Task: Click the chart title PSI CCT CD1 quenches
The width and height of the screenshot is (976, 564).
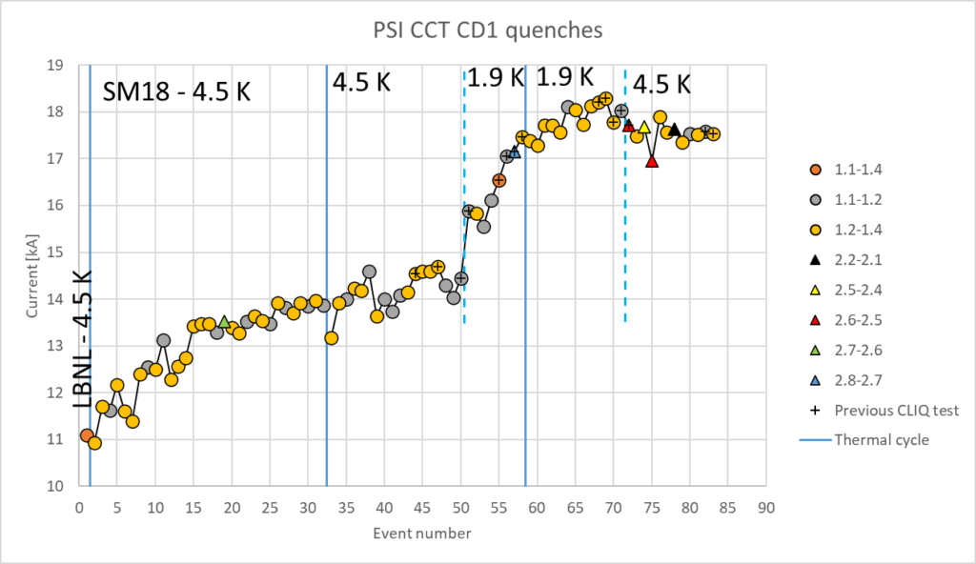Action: click(487, 30)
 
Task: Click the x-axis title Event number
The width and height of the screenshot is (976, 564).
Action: click(421, 534)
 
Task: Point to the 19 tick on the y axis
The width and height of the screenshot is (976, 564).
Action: click(55, 66)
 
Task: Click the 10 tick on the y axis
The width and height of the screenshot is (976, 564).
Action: click(55, 486)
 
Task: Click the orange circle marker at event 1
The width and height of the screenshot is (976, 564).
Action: click(87, 435)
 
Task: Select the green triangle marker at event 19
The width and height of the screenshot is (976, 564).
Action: click(224, 322)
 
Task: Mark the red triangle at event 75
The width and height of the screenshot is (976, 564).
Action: click(652, 161)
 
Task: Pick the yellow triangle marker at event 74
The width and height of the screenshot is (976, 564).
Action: click(644, 127)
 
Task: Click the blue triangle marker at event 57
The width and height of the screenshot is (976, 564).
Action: click(515, 151)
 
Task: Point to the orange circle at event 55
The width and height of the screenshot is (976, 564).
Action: click(499, 180)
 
